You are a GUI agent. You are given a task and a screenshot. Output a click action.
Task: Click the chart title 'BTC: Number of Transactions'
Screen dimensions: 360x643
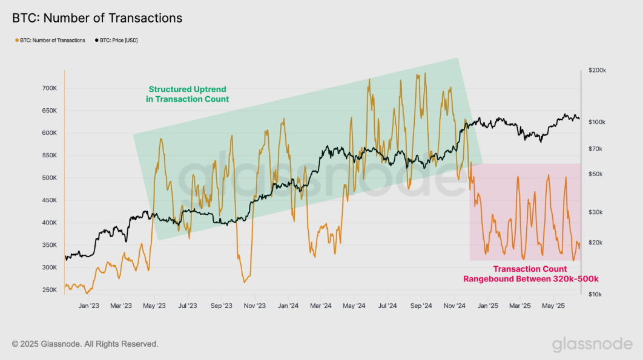97,18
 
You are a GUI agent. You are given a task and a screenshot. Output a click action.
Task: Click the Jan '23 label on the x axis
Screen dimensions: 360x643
88,306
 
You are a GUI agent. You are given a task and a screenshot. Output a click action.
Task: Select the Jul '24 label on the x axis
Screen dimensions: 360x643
387,306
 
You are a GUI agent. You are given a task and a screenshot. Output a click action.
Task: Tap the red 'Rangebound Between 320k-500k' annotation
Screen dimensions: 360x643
530,274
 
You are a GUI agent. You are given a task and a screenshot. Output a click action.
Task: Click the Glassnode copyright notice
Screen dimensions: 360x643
85,344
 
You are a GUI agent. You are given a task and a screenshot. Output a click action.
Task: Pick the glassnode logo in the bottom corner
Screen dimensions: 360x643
592,344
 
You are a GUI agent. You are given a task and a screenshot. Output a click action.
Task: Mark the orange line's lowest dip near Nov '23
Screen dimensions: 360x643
245,282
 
